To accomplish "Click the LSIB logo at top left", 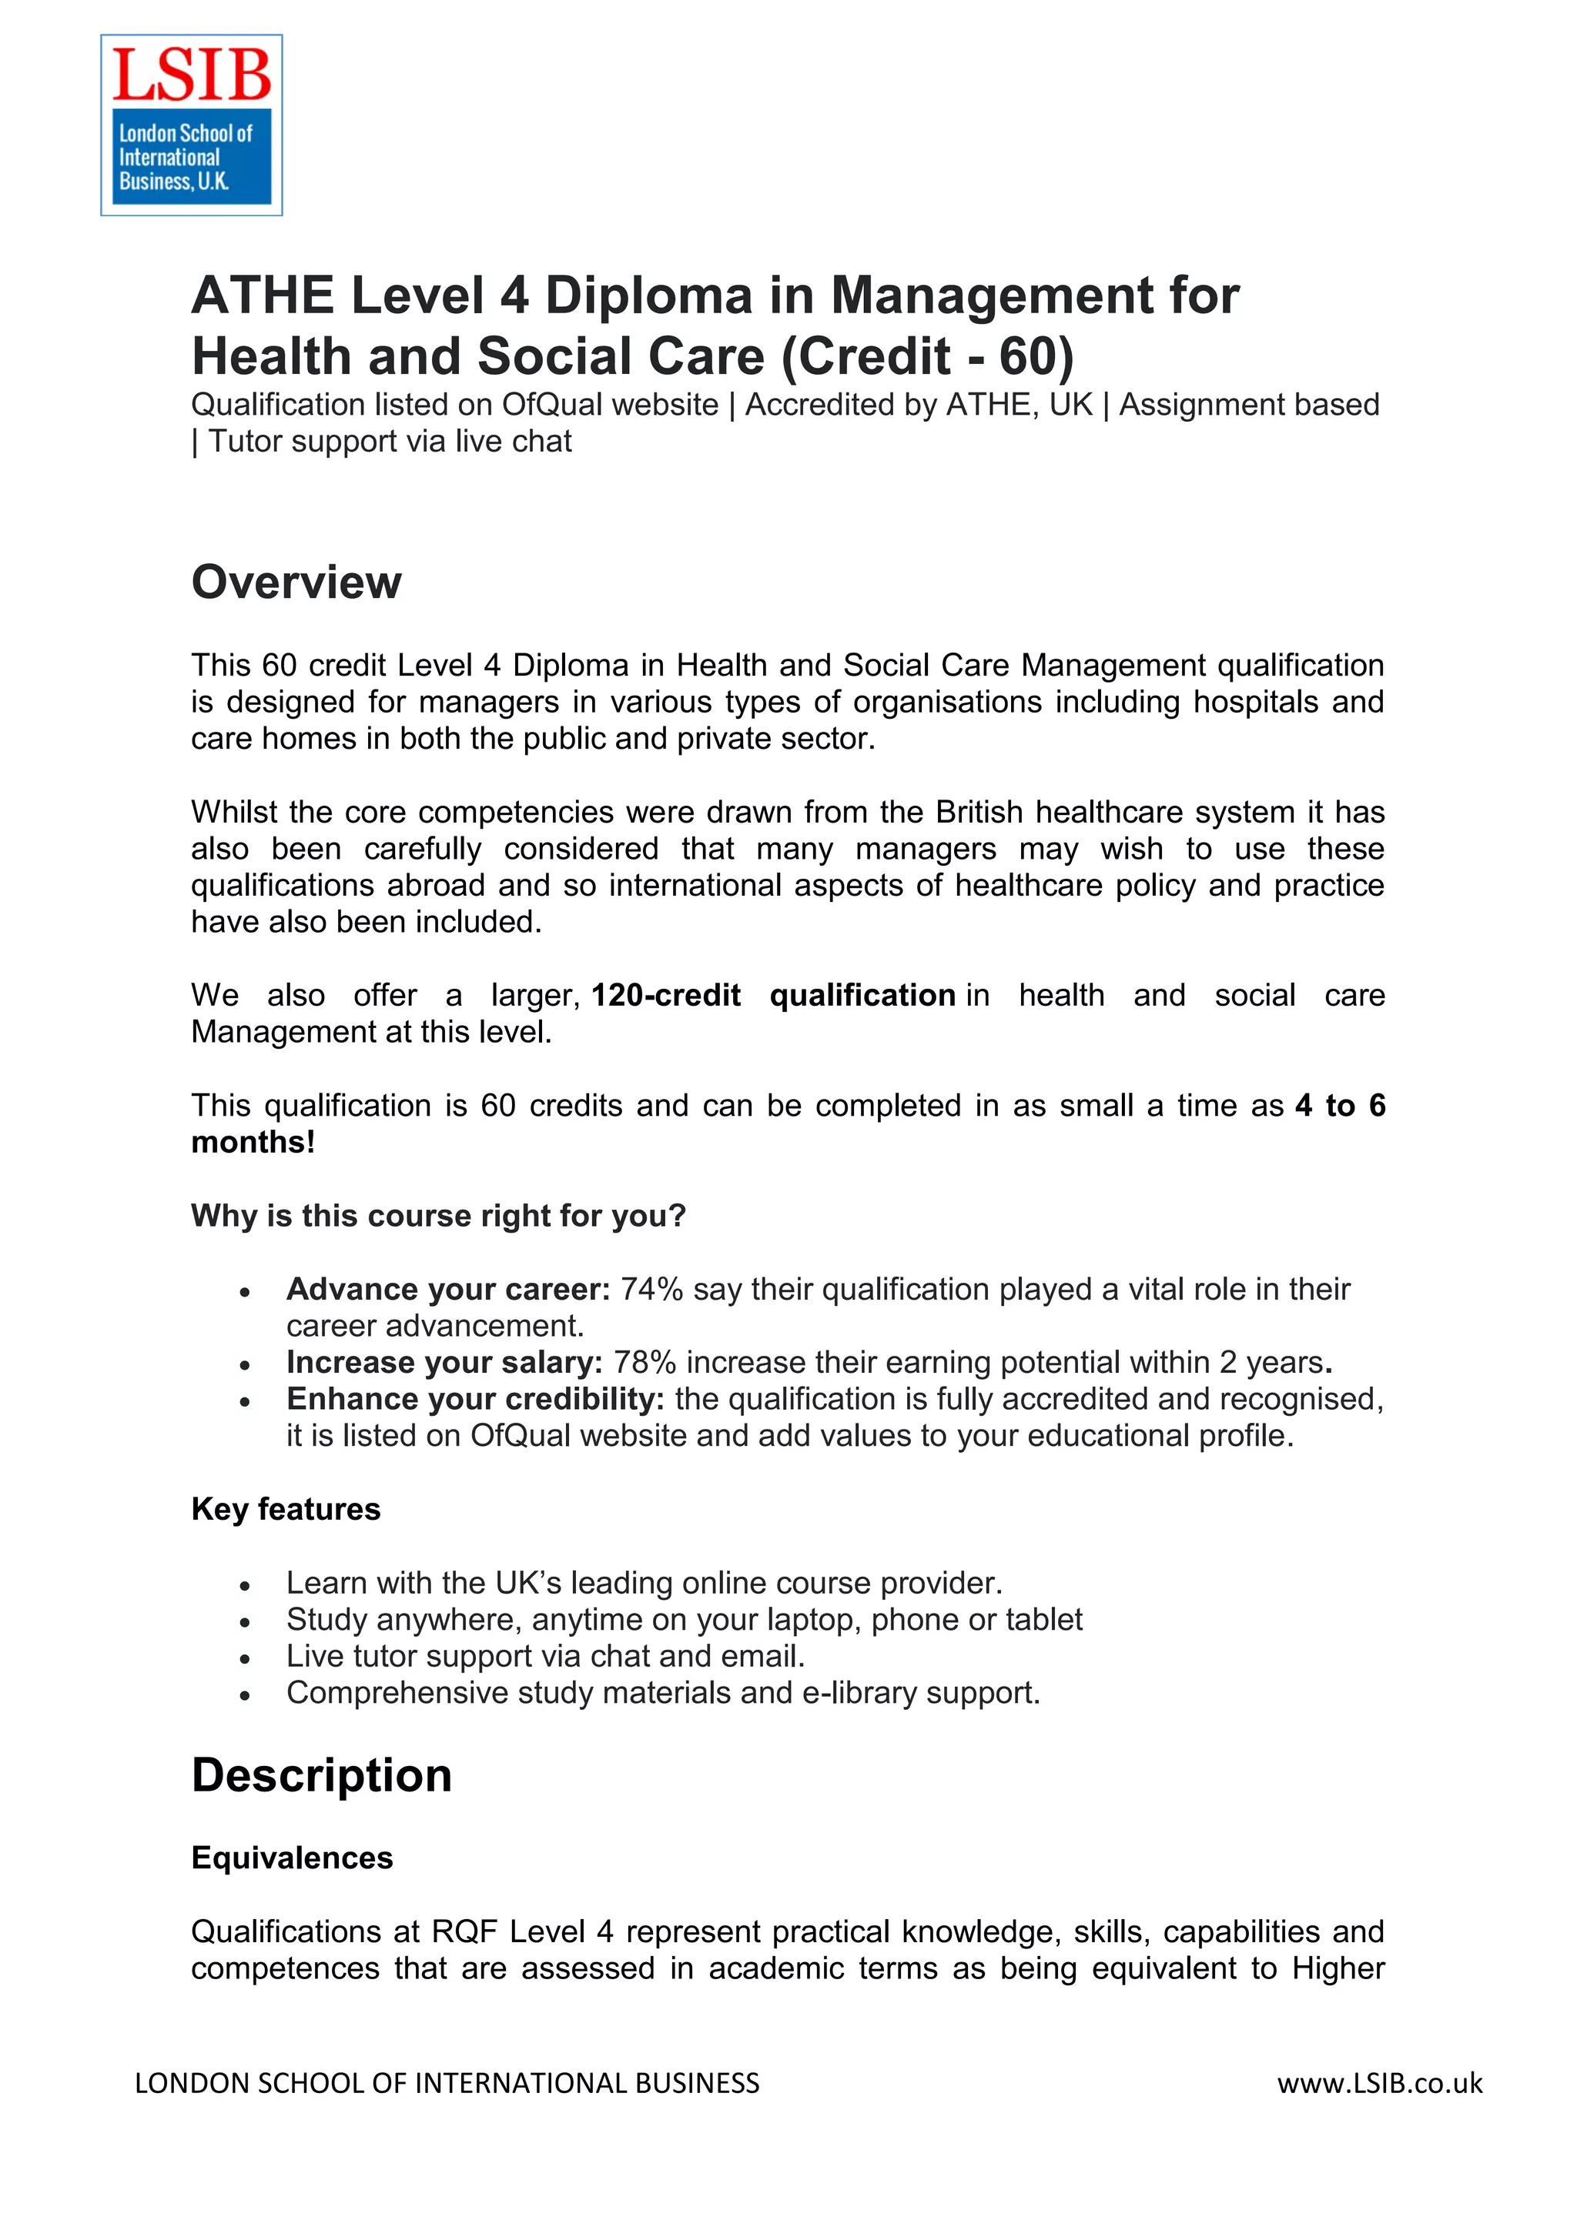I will (x=192, y=125).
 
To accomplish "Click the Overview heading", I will (x=296, y=583).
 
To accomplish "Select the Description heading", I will (x=322, y=1775).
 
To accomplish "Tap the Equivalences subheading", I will (x=293, y=1858).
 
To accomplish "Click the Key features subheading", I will (x=286, y=1509).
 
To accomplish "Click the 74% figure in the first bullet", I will (x=652, y=1289).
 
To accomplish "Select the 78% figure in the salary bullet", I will (x=645, y=1363).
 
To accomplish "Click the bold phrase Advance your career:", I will (x=448, y=1289).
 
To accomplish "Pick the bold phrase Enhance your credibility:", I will (x=475, y=1400).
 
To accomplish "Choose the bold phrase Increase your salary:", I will (x=444, y=1363).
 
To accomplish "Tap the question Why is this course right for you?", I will (x=438, y=1216).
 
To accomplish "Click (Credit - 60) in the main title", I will (x=928, y=356).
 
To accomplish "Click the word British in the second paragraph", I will (x=979, y=812).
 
